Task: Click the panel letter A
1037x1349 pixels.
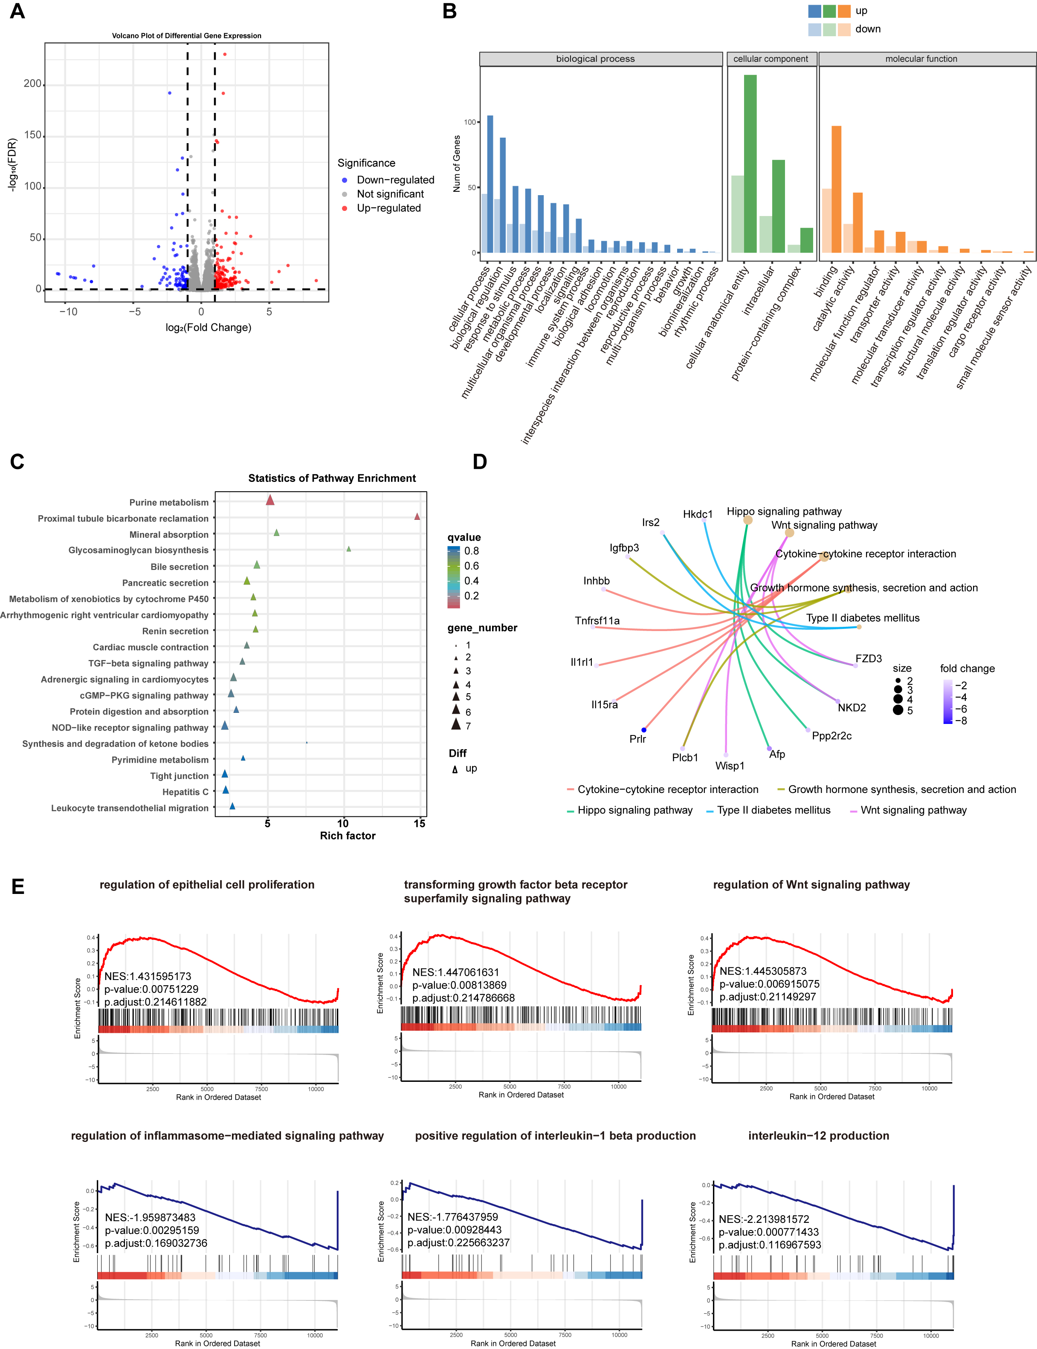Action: pyautogui.click(x=17, y=11)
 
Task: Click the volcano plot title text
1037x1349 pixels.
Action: pyautogui.click(x=186, y=36)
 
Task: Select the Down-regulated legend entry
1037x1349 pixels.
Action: pyautogui.click(x=395, y=179)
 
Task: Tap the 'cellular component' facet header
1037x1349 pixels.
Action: pyautogui.click(x=771, y=59)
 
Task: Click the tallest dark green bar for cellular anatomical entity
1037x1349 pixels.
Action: pyautogui.click(x=750, y=164)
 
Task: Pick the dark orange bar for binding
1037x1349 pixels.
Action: pyautogui.click(x=837, y=189)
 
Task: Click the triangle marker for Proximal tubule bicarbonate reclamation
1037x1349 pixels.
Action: pyautogui.click(x=417, y=517)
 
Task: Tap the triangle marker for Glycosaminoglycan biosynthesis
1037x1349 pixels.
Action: pyautogui.click(x=349, y=549)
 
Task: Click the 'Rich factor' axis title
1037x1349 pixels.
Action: pyautogui.click(x=348, y=836)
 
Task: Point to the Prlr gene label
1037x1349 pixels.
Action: pyautogui.click(x=637, y=739)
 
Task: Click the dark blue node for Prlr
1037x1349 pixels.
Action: pyautogui.click(x=644, y=730)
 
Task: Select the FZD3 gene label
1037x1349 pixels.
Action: pyautogui.click(x=869, y=659)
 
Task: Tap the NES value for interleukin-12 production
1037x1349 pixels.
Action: pyautogui.click(x=764, y=1219)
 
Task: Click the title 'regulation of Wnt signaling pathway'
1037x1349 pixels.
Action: pyautogui.click(x=811, y=885)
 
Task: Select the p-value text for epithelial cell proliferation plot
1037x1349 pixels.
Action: pyautogui.click(x=151, y=989)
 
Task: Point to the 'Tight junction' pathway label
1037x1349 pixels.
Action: pyautogui.click(x=179, y=776)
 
